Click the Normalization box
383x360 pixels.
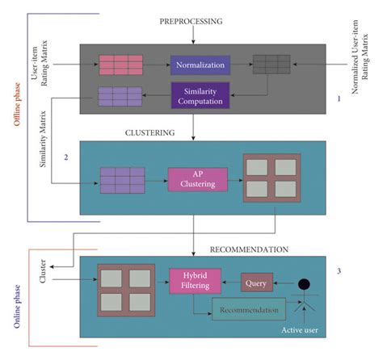coord(200,63)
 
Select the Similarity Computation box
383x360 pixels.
coord(200,94)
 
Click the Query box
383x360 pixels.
coord(258,283)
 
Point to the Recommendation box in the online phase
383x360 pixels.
coord(248,309)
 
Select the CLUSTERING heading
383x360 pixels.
coord(151,131)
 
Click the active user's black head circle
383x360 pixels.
coord(304,284)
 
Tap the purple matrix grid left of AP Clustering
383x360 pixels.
coord(122,178)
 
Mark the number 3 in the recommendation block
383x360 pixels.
coord(339,270)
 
